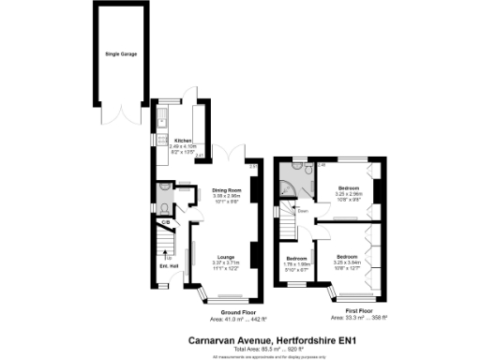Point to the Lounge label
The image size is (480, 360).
226,257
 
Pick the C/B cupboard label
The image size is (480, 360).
165,222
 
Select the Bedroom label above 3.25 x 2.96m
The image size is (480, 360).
348,188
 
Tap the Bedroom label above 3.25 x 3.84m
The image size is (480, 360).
348,256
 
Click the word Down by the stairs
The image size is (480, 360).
303,211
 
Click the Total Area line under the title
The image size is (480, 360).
240,348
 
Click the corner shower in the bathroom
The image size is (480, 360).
288,192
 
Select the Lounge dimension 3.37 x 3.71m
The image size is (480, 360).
226,263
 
